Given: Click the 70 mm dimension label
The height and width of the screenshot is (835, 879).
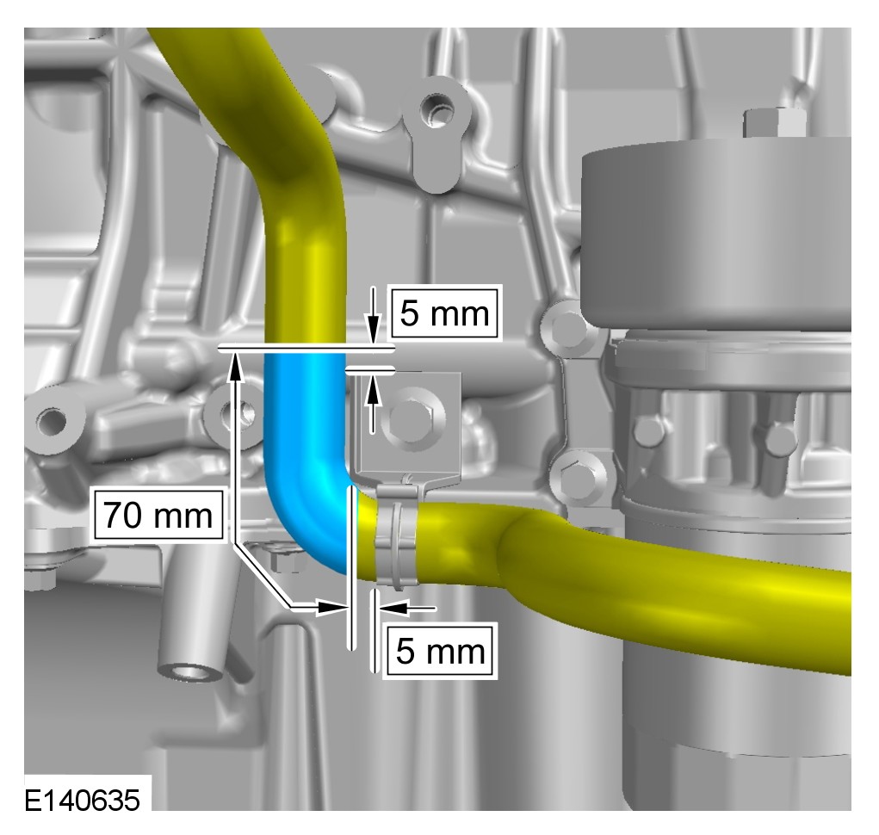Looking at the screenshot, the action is (158, 515).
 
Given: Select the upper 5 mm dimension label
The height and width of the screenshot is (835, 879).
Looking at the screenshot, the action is (444, 312).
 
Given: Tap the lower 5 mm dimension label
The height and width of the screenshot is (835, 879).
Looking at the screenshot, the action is (440, 651).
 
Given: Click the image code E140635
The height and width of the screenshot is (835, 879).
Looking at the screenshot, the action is (82, 800).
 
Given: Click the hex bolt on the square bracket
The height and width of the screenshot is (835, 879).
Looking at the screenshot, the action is (411, 417).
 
